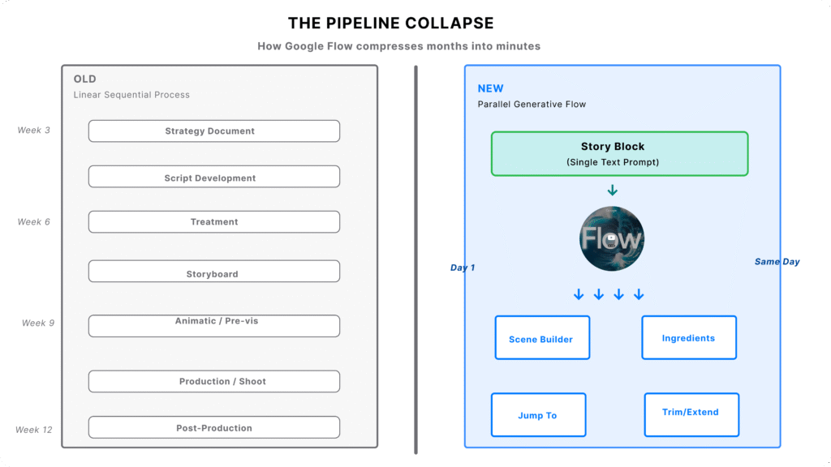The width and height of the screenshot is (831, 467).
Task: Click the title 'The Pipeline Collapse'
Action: click(x=390, y=23)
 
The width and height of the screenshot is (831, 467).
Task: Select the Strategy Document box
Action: click(x=213, y=131)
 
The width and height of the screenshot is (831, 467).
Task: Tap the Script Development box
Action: click(x=213, y=177)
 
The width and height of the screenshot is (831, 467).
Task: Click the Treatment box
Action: click(x=213, y=222)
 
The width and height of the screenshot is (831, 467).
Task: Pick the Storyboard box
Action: click(x=213, y=272)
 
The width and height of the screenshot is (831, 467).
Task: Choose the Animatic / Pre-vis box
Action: click(x=213, y=326)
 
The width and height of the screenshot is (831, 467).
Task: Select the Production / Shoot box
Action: click(x=213, y=381)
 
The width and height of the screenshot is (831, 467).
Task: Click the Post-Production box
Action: click(x=213, y=427)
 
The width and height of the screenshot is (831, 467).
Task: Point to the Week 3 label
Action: click(x=34, y=131)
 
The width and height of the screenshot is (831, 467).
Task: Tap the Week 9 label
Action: click(x=38, y=323)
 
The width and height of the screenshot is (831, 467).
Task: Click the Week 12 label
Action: click(x=34, y=430)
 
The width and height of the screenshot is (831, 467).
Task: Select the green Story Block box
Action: click(x=619, y=153)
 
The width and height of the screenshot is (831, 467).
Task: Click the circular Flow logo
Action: click(x=612, y=238)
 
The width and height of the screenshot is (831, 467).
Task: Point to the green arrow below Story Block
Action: click(x=613, y=191)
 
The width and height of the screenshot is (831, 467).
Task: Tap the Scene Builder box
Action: click(x=542, y=337)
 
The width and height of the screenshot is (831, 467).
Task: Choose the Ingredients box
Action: click(x=689, y=337)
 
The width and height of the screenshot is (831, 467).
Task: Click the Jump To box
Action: click(x=538, y=415)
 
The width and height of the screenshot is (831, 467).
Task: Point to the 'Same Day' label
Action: click(x=777, y=262)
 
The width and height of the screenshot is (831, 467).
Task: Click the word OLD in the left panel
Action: click(x=84, y=79)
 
